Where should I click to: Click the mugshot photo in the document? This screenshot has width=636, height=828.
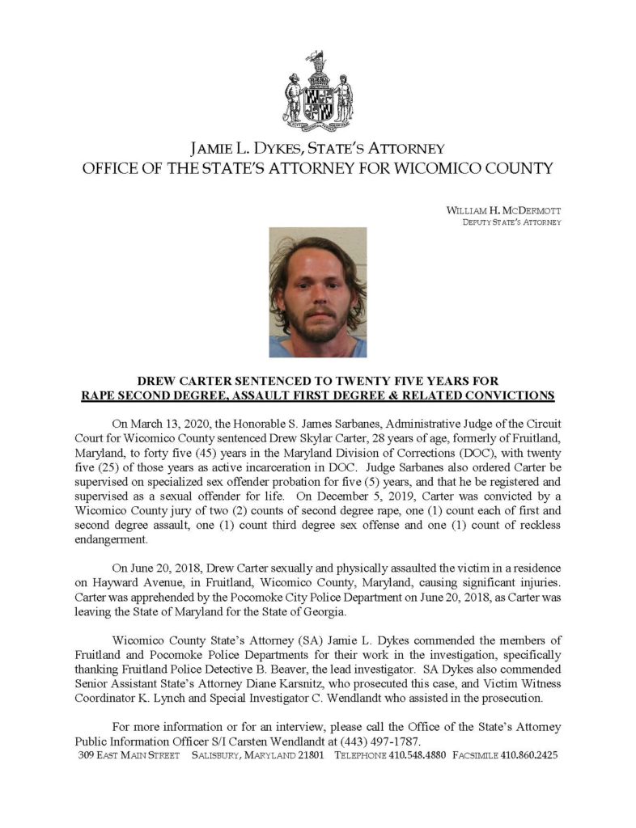(317, 292)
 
